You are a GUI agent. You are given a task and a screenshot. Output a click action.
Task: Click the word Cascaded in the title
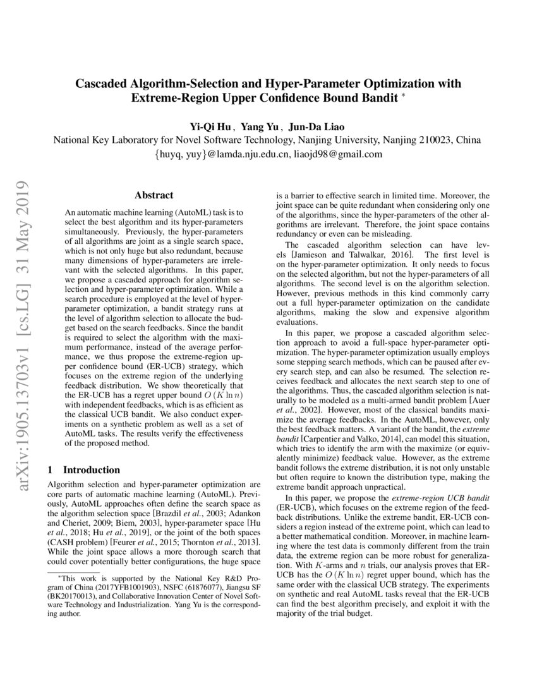coord(104,83)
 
